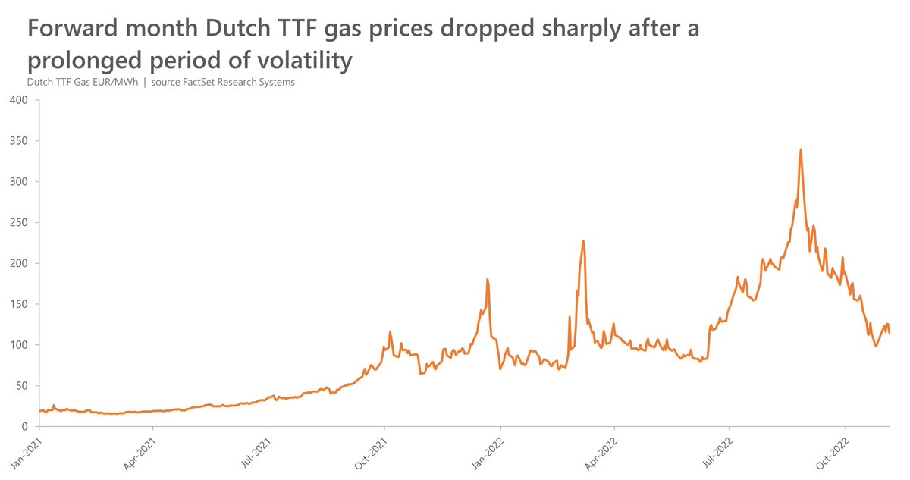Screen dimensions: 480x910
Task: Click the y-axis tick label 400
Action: coord(17,100)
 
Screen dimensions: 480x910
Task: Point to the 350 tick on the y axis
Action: coord(17,141)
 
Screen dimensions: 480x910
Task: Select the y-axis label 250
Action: coord(17,223)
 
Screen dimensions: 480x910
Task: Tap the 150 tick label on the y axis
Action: coord(17,304)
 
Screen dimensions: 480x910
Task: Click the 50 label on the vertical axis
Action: coord(20,386)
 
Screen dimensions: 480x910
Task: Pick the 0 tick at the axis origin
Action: coord(24,427)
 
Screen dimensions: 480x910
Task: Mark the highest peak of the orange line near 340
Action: coord(801,150)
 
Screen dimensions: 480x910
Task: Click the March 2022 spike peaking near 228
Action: coord(583,241)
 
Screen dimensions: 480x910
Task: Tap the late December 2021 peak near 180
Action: coord(487,280)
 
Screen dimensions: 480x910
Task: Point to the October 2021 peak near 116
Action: coord(390,332)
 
